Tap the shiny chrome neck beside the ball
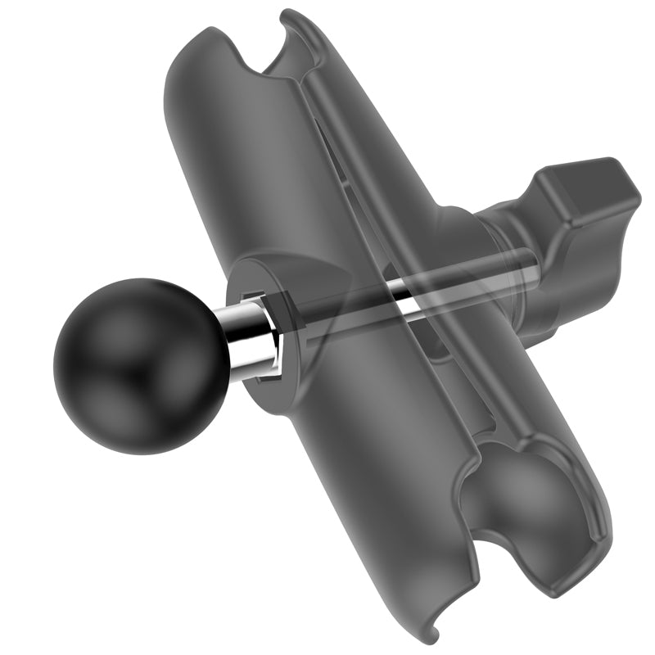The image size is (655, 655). pyautogui.click(x=248, y=340)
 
